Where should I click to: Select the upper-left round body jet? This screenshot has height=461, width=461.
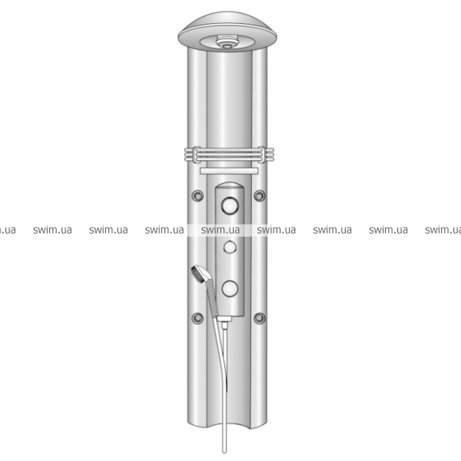pos(197,196)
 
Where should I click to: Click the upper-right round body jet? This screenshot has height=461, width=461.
pos(260,196)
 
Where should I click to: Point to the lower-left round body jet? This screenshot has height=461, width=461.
pos(197,318)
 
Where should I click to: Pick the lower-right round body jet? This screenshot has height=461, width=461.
pos(260,318)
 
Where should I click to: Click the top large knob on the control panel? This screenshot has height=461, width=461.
pos(230,205)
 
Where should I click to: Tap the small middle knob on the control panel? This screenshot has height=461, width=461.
pos(230,247)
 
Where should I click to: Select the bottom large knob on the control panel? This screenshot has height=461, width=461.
pos(230,288)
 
